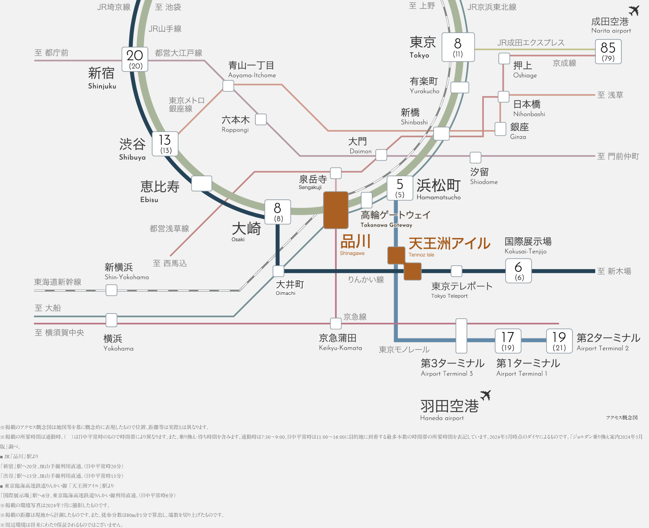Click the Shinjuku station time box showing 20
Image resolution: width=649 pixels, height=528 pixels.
(135, 59)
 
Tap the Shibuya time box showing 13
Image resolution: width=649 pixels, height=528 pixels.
(165, 144)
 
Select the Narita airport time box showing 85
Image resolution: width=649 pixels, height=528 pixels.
(608, 51)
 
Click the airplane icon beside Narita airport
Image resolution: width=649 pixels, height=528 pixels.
(634, 10)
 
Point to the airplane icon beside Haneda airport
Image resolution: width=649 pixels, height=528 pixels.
(486, 395)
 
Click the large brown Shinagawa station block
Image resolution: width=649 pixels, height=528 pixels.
(335, 210)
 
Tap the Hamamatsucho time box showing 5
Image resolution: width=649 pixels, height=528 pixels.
(400, 188)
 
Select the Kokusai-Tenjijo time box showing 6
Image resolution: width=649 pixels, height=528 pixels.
(519, 271)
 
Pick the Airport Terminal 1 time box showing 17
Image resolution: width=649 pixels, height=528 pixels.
(508, 341)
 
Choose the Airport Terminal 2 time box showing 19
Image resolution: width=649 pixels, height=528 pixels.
(559, 341)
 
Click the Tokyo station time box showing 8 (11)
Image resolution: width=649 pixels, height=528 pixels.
(458, 47)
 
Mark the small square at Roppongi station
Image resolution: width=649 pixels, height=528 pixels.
(261, 119)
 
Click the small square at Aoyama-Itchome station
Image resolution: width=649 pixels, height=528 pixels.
(228, 86)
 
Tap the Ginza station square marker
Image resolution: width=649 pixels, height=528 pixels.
(500, 129)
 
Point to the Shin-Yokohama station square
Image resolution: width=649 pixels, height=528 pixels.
(111, 290)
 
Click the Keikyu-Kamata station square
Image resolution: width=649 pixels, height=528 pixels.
(335, 324)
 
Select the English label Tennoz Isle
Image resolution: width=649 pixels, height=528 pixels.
(421, 255)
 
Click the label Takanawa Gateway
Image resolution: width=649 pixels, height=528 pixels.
(386, 225)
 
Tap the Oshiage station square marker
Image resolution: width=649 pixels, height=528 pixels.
(504, 58)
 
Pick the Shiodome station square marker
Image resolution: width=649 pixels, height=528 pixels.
(475, 157)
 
